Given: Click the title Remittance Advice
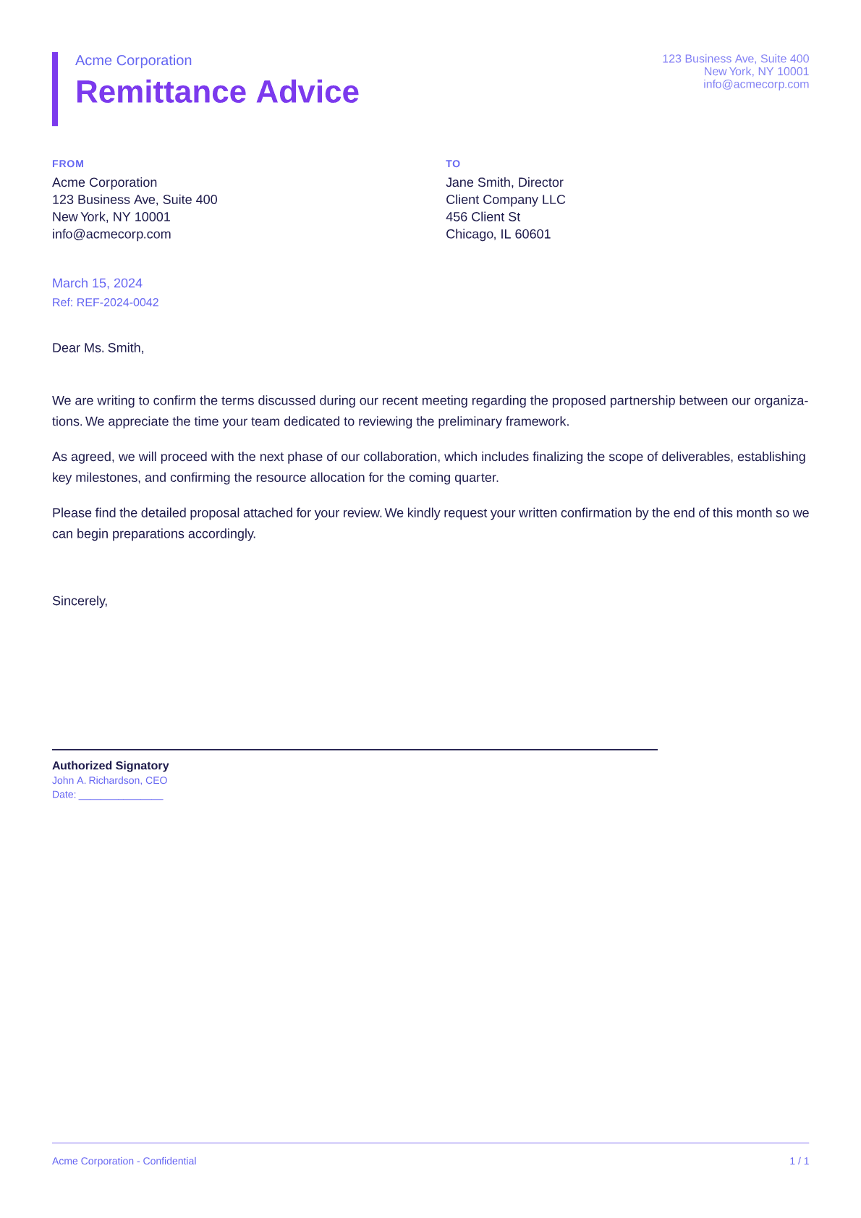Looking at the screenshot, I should (x=217, y=92).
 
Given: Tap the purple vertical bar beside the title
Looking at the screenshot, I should (x=55, y=89).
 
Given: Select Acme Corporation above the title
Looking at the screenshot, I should (x=133, y=60).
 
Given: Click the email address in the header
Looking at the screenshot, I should (x=755, y=84).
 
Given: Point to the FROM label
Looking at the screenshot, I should (x=68, y=164).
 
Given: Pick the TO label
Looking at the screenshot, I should (x=453, y=164).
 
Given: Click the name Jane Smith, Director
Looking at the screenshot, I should (x=504, y=182).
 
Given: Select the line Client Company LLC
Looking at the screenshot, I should (x=505, y=200).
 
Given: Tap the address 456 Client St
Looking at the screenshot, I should (x=483, y=217).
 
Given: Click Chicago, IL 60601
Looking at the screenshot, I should (x=498, y=234).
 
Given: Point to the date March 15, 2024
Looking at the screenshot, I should (x=97, y=283).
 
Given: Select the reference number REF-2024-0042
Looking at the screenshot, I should (x=117, y=303).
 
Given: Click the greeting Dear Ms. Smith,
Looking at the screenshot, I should (x=98, y=348).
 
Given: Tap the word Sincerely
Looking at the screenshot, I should (x=80, y=601).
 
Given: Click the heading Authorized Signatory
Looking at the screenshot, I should (x=110, y=766).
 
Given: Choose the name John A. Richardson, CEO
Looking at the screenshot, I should (x=109, y=780).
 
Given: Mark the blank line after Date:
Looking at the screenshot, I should (x=121, y=796).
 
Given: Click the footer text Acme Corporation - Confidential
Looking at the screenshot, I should (x=124, y=1161).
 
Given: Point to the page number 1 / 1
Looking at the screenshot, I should (x=799, y=1161).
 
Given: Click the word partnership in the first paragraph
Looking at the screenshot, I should (x=642, y=401).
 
